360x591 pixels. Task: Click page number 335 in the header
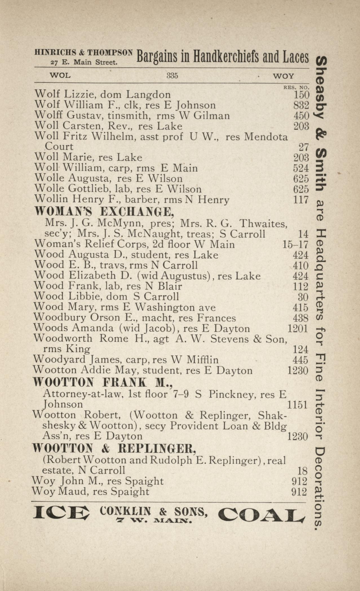172,75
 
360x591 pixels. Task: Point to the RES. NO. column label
296,88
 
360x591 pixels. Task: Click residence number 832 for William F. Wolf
301,105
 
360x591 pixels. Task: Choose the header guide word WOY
283,76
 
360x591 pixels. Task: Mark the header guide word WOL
60,75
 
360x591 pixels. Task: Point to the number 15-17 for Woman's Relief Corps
295,245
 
